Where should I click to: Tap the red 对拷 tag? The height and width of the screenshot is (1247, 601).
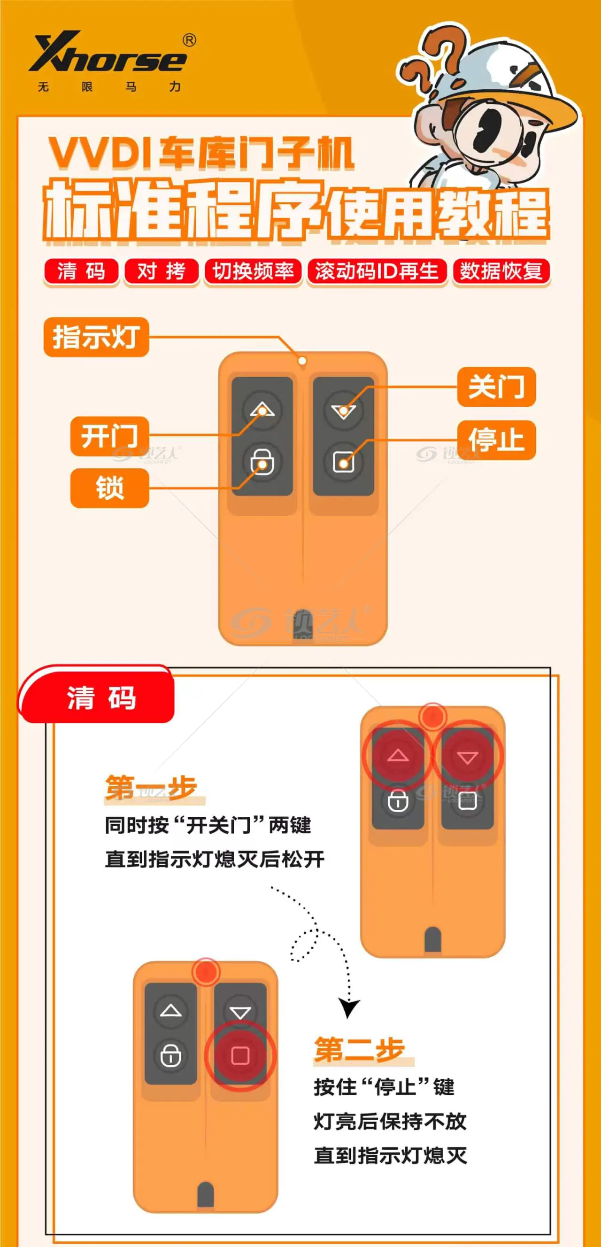pos(162,271)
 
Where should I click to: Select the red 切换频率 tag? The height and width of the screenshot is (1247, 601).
pos(253,271)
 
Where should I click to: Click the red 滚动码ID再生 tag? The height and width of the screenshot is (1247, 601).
pos(377,271)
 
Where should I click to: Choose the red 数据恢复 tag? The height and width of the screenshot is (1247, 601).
pos(501,271)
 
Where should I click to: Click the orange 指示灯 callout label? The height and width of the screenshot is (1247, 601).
pos(96,337)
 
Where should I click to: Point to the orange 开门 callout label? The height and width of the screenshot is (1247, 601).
pos(109,436)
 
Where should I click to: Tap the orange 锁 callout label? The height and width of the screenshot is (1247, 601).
pos(109,488)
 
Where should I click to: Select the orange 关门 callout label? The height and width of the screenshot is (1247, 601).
pos(496,387)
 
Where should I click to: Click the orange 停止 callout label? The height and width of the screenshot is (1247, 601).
pos(496,440)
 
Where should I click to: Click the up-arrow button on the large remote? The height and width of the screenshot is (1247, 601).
pos(262,411)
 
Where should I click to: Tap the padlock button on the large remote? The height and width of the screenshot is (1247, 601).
pos(262,462)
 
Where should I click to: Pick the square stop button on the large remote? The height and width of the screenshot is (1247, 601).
pos(344,462)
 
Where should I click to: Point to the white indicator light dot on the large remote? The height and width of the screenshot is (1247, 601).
pos(302,361)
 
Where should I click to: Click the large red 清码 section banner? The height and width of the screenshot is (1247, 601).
pos(97,695)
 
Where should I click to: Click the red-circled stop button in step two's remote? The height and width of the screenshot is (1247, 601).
pos(240,1056)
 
